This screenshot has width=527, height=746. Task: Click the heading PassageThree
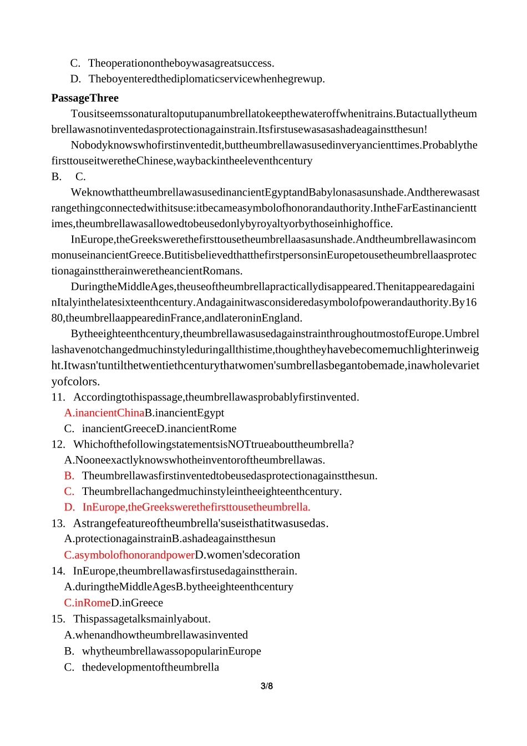pos(85,98)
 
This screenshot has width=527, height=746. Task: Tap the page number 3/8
pos(267,686)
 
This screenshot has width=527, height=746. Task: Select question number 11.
pos(58,397)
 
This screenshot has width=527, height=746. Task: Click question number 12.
pos(58,444)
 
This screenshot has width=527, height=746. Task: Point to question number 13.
pos(58,523)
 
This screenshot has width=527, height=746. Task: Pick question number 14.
pos(58,571)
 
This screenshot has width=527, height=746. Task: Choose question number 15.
pos(58,619)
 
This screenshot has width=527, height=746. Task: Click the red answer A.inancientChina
pos(104,413)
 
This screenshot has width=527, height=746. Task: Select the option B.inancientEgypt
pos(185,413)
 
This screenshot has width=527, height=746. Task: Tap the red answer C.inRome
pos(87,603)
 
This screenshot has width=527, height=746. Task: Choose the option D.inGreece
pos(137,603)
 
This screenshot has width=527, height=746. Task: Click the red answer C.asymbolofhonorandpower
pos(129,555)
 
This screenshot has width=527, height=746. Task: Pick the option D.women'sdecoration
pos(247,555)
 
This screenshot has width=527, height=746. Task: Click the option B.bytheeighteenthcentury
pos(235,587)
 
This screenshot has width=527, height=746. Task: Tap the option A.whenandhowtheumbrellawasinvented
pos(156,635)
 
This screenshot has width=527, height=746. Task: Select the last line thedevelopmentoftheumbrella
pos(150,667)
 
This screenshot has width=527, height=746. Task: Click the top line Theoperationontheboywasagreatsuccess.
pos(181,63)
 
